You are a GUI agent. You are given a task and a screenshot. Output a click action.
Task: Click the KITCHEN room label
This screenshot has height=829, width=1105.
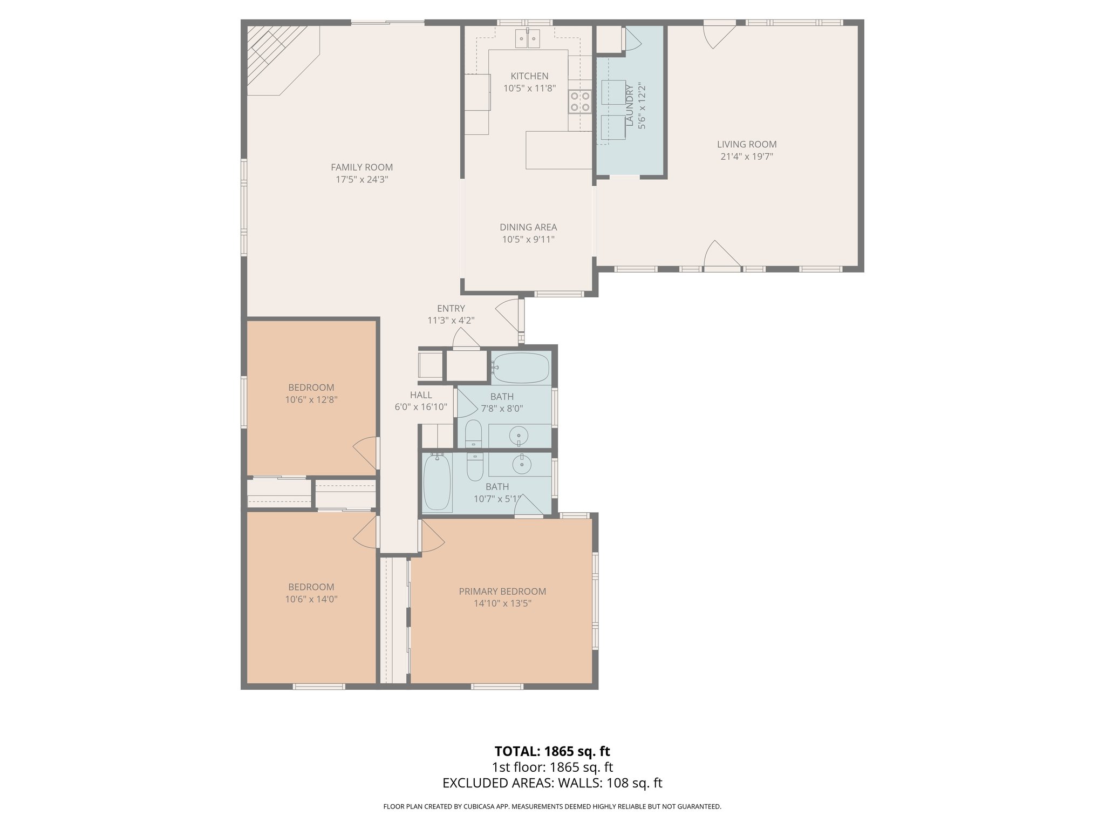[x=529, y=76]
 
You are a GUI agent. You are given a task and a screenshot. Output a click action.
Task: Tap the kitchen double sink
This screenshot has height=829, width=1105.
[x=528, y=38]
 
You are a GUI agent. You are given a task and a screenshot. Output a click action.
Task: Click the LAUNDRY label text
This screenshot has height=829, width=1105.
[x=629, y=105]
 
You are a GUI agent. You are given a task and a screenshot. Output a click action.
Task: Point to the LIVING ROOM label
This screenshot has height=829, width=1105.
[x=747, y=144]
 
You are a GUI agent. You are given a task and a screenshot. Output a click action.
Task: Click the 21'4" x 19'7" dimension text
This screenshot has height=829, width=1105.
[x=747, y=157]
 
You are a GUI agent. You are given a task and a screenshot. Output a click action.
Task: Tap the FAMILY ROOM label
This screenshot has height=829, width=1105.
[x=361, y=167]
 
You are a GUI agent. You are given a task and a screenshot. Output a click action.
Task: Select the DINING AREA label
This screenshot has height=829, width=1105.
[x=528, y=227]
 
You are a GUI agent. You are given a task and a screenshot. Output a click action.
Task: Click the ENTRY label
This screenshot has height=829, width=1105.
[x=451, y=308]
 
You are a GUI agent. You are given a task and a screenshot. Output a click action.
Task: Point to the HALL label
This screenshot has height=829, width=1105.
[x=421, y=395]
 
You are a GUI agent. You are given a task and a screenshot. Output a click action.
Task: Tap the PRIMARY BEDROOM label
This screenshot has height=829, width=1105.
[x=502, y=592]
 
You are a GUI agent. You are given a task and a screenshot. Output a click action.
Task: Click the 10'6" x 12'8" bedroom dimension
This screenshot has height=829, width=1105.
[x=311, y=400]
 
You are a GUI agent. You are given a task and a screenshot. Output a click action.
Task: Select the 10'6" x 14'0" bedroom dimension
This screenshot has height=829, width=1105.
[x=311, y=599]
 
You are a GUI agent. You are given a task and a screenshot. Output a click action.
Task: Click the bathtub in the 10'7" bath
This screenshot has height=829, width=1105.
[x=437, y=482]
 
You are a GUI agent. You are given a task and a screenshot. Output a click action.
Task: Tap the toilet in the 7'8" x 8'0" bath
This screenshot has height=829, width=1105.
[x=473, y=434]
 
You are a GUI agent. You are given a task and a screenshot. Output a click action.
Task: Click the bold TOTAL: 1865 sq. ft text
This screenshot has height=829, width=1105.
[x=552, y=751]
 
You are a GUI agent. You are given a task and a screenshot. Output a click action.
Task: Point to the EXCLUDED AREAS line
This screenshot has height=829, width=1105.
[x=552, y=783]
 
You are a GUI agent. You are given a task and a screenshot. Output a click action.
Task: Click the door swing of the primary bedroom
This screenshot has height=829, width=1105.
[x=432, y=538]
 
